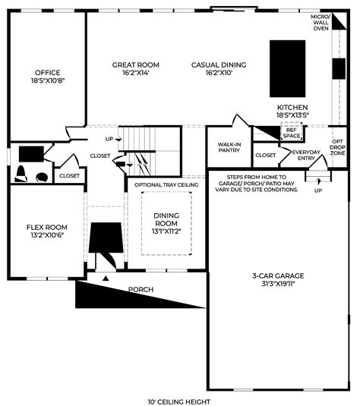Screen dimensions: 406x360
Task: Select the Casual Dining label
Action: coord(217,65)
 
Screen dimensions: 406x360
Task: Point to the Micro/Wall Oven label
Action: coord(321,22)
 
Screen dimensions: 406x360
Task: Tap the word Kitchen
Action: coord(292,108)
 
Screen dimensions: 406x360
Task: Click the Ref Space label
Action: coord(292,131)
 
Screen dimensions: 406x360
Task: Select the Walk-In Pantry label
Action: coord(229,146)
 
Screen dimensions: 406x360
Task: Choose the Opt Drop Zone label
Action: coord(339,147)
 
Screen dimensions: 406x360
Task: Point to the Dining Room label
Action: coord(166,219)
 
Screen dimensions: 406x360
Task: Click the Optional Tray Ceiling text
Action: coord(166,184)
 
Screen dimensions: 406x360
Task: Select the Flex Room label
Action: coord(47,227)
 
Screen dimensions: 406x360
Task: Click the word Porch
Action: coord(141,289)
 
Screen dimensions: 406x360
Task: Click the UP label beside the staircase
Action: coord(109,139)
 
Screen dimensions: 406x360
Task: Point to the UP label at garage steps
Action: coord(317,190)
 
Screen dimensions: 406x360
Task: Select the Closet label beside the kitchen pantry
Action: coord(265,155)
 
